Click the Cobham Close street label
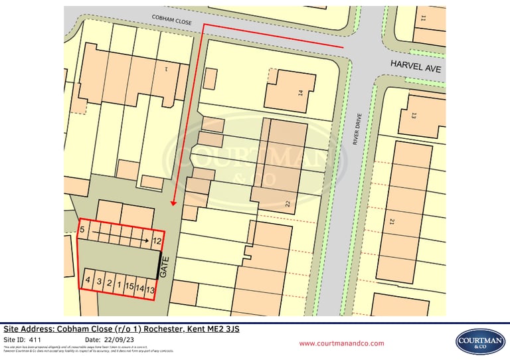(172, 20)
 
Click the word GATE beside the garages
(166, 268)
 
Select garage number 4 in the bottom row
(88, 281)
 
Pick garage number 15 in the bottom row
(129, 286)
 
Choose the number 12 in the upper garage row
(157, 241)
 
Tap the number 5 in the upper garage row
(82, 230)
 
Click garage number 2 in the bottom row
(109, 284)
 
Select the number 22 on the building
(288, 204)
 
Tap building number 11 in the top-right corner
(423, 18)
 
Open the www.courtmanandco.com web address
(341, 343)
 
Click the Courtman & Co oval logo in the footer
(480, 341)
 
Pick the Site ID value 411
(35, 339)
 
